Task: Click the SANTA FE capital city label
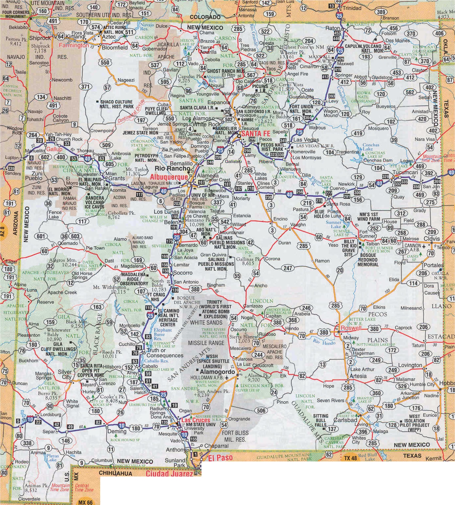click(x=256, y=134)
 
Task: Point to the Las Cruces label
click(x=196, y=420)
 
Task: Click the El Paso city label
click(x=220, y=458)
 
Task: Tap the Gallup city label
click(x=54, y=149)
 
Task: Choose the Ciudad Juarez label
click(x=169, y=474)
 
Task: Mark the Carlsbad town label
click(x=345, y=420)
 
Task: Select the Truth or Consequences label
click(x=165, y=353)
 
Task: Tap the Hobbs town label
click(x=447, y=383)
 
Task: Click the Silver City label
click(x=65, y=374)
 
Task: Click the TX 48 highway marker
click(x=350, y=458)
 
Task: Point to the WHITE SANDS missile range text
click(x=206, y=322)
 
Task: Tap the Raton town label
click(x=332, y=28)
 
